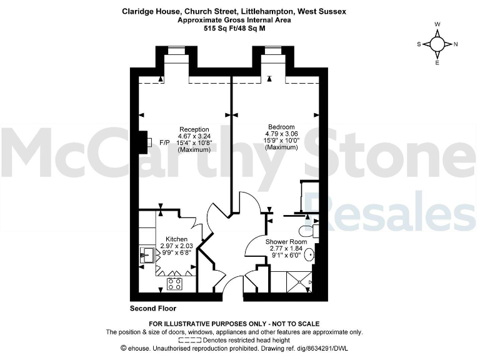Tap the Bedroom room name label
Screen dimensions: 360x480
281,126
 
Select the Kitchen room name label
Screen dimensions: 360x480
176,239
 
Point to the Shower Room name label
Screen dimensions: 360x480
286,241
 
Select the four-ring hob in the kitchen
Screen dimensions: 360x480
174,284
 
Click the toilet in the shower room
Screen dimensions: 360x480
315,231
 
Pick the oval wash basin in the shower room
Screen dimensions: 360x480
309,255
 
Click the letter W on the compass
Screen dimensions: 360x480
437,25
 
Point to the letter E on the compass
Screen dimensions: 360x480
437,63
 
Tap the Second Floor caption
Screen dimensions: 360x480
152,309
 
